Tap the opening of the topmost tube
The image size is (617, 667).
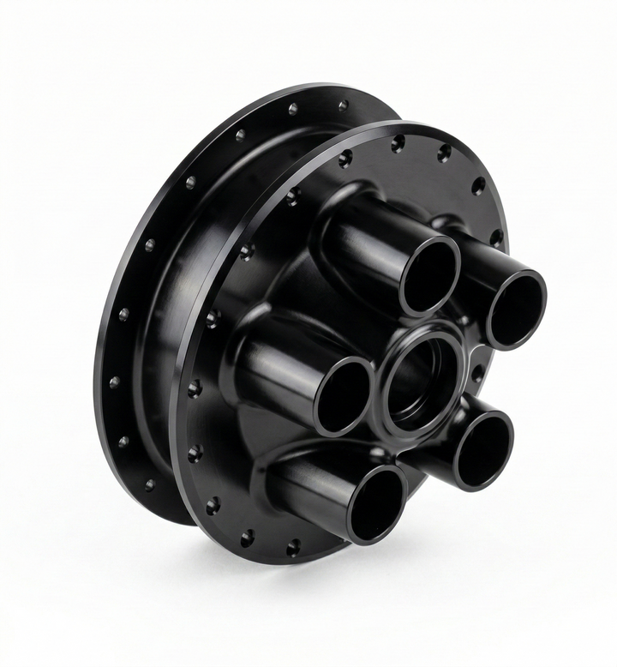(430, 276)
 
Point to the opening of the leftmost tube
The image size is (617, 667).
(344, 396)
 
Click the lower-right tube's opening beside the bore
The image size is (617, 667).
(483, 450)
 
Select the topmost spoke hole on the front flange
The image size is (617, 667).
(398, 143)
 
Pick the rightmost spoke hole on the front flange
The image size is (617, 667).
(496, 237)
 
